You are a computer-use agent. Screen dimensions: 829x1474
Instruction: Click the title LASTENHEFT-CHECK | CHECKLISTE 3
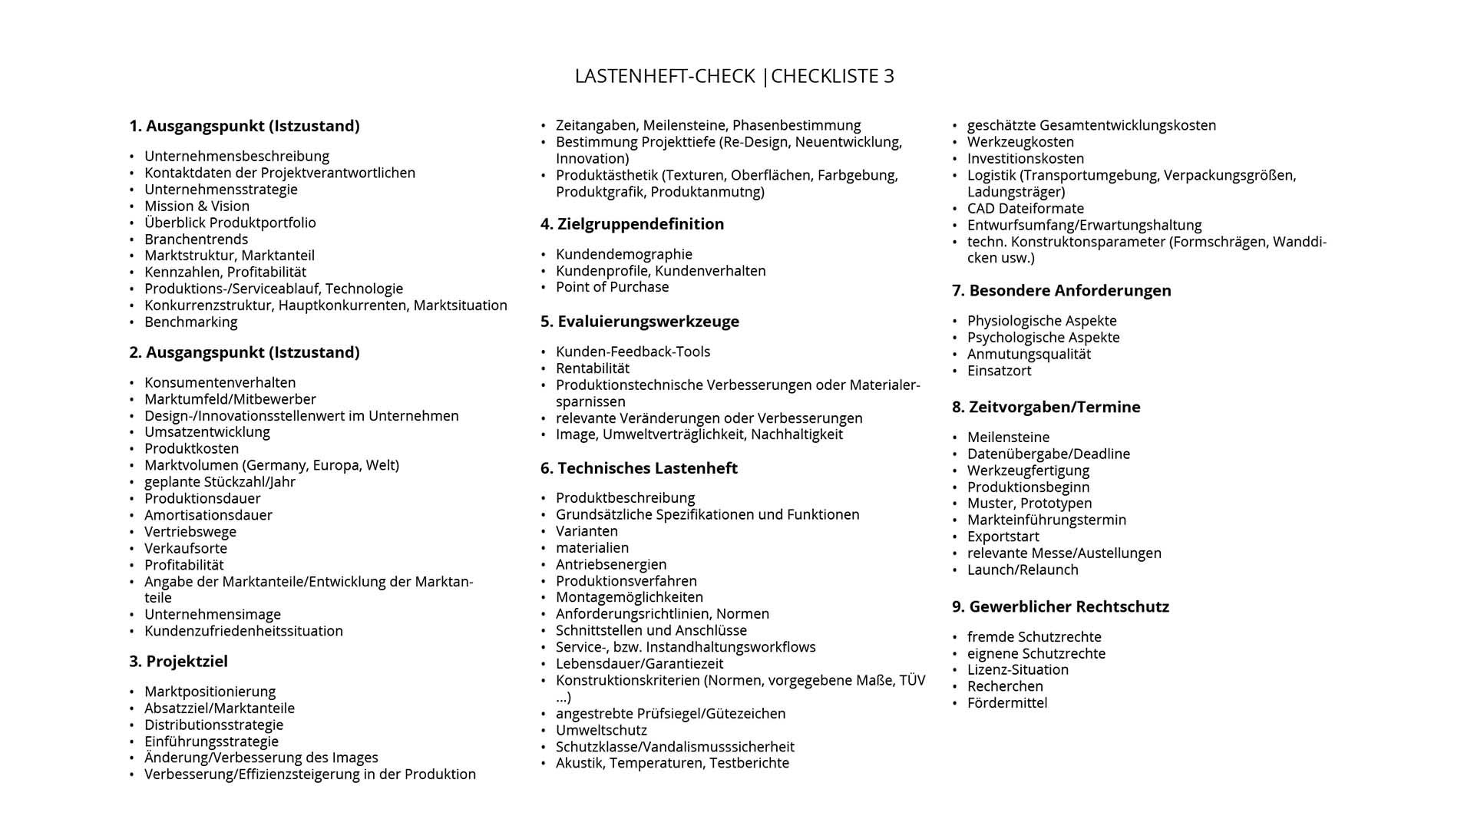click(735, 76)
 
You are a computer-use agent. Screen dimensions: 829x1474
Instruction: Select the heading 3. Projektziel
click(178, 661)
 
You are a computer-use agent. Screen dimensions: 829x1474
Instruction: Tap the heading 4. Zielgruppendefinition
click(632, 224)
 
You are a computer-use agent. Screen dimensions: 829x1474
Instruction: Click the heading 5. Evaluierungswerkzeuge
click(640, 322)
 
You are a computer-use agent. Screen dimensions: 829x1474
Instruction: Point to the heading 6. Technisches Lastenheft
click(639, 468)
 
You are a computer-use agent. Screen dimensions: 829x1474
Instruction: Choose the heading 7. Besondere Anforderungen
click(1061, 291)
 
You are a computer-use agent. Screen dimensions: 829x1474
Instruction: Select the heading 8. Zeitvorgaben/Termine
click(1046, 408)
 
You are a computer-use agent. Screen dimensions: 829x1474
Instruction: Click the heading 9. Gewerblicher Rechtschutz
click(1060, 607)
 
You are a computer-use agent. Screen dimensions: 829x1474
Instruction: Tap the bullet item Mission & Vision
click(197, 206)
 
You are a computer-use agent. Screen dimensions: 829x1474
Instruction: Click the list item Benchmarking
click(190, 322)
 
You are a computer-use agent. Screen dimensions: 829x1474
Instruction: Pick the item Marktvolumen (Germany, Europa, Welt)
click(272, 465)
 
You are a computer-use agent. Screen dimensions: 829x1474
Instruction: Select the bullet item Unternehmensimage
click(213, 615)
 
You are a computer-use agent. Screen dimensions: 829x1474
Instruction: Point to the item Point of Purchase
click(612, 287)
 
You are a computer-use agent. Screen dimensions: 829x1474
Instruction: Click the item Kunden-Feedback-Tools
click(633, 352)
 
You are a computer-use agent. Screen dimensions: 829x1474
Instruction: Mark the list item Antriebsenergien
click(611, 564)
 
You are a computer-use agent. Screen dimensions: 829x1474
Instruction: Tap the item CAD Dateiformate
click(1025, 209)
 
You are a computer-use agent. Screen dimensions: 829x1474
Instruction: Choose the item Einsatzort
click(999, 371)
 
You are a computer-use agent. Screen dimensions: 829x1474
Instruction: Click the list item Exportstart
click(1003, 537)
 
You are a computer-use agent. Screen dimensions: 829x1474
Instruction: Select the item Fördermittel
click(1006, 703)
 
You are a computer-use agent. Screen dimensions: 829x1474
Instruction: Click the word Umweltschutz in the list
click(601, 730)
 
